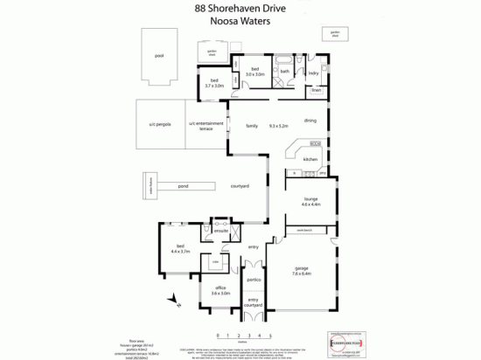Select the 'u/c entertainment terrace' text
[x=206, y=127]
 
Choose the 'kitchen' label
[x=310, y=160]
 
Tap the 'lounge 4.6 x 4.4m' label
[x=310, y=202]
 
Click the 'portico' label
[x=253, y=280]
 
